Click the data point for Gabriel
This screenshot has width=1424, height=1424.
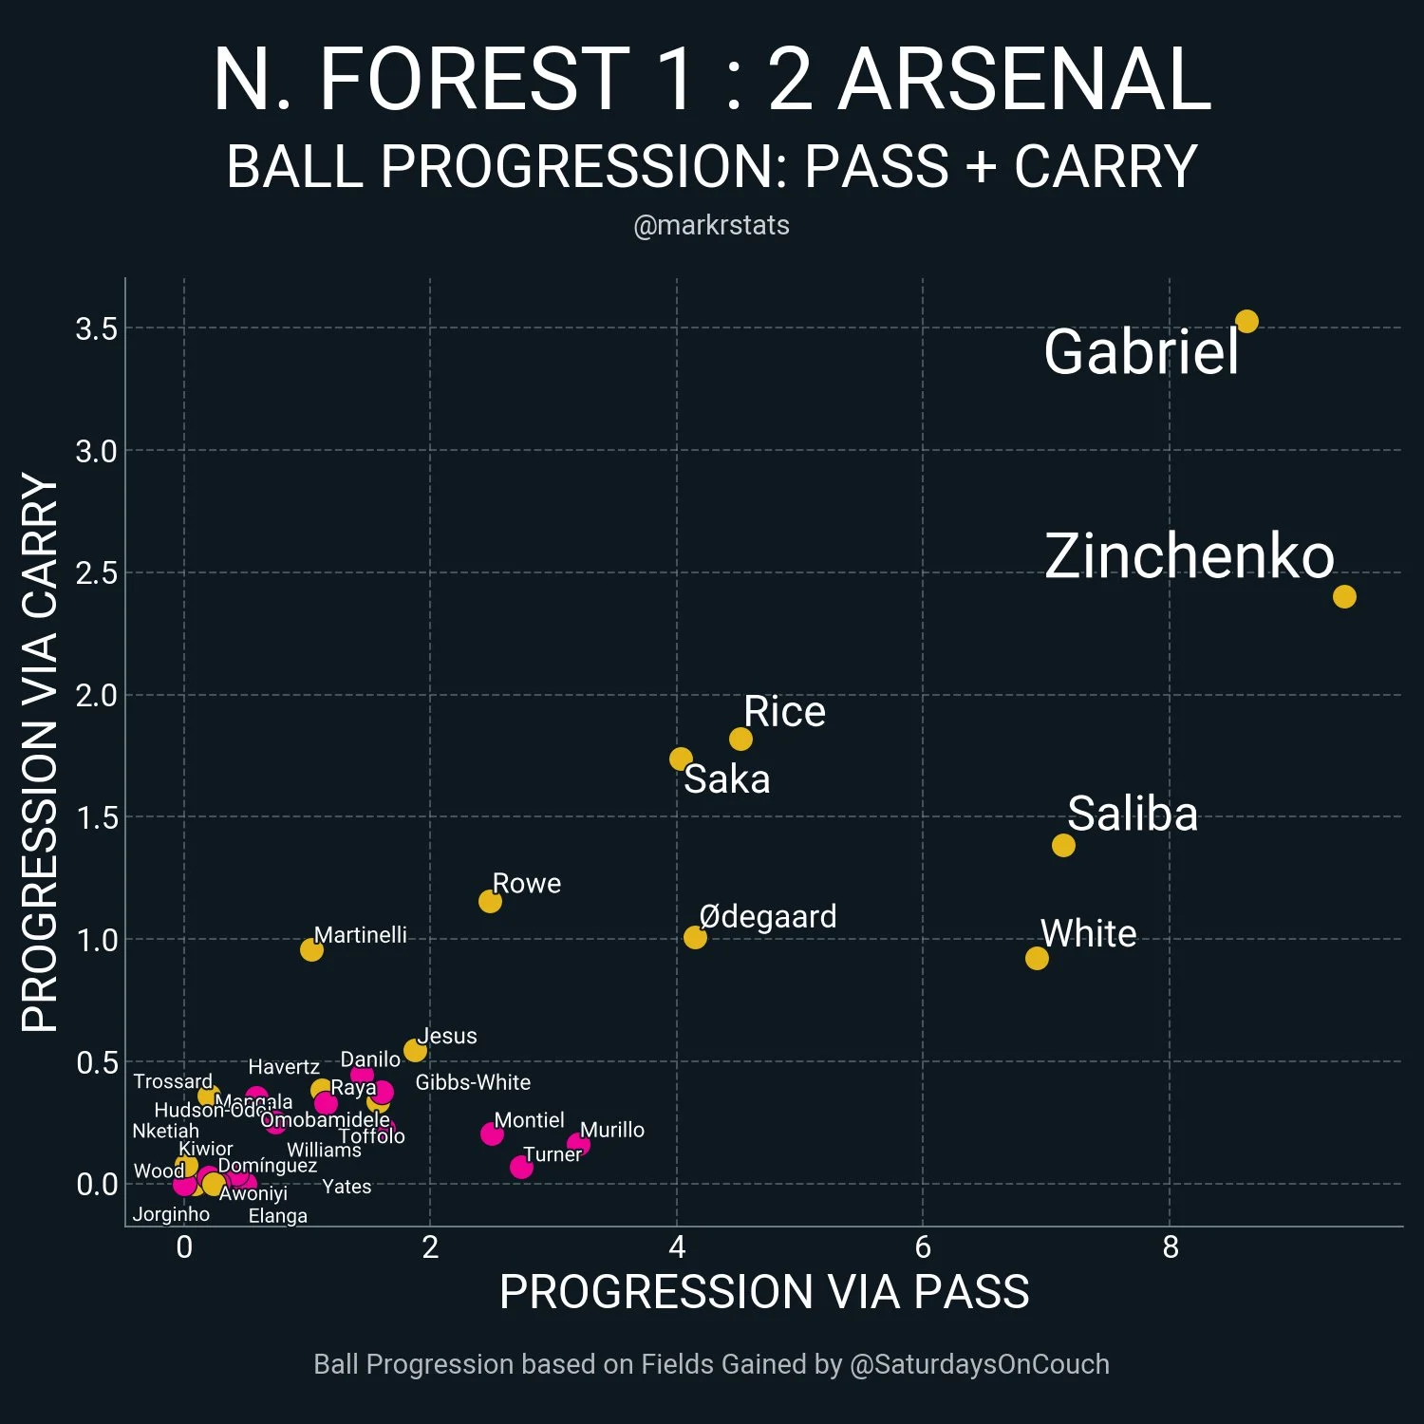pos(1246,322)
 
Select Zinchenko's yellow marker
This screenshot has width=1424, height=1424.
pos(1343,596)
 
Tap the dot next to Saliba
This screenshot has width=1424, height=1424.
pos(1063,845)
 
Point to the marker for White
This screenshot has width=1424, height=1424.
pos(1037,958)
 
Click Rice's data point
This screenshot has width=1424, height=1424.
pos(740,739)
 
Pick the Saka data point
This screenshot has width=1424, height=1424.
pos(681,759)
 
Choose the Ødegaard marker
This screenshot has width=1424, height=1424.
pos(695,937)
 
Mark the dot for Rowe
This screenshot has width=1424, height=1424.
pos(490,901)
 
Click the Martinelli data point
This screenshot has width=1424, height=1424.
pos(311,949)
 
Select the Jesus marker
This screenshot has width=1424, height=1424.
pos(415,1050)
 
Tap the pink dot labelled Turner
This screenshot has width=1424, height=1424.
pos(521,1167)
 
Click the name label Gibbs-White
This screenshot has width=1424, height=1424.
pos(473,1082)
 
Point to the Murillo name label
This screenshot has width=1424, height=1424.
pos(612,1130)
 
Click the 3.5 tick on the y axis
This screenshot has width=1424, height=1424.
pos(96,329)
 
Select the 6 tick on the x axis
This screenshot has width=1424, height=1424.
pos(923,1246)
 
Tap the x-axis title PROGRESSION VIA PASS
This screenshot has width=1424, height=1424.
pos(764,1292)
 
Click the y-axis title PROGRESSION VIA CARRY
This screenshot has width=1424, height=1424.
pos(40,752)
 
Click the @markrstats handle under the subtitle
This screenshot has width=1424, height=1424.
pos(711,225)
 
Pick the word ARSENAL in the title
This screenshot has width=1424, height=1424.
pos(1024,80)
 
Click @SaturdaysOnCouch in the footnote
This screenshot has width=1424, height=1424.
pos(979,1364)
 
